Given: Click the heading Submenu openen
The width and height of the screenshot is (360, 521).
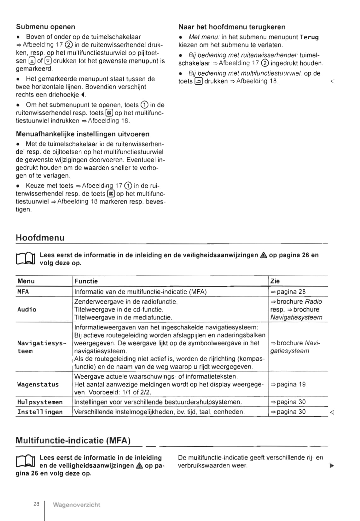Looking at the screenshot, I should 45,27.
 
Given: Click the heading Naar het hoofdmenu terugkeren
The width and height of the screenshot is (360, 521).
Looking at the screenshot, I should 232,27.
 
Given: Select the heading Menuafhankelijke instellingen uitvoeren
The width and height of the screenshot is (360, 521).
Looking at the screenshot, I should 83,134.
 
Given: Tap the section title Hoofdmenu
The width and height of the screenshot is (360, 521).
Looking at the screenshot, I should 40,238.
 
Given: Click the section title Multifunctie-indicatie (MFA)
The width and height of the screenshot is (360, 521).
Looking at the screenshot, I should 73,440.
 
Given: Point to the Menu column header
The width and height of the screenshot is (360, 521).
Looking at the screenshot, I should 26,281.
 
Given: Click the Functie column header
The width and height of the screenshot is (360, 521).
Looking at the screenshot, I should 86,281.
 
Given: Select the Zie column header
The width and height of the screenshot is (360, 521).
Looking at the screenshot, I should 275,281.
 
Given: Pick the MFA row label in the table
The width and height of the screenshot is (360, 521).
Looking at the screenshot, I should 23,292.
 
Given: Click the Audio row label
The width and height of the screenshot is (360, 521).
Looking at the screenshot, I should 27,309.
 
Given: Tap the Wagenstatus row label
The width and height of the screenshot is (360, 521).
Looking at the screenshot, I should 38,384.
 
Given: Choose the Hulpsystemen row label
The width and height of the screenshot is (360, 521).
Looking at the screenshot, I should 40,402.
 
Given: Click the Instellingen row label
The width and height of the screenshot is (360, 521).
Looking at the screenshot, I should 40,412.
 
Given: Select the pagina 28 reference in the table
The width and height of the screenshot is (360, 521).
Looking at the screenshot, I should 288,292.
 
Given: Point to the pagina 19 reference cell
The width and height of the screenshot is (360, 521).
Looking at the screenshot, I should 288,384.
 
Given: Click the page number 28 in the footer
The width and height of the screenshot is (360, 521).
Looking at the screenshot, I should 36,504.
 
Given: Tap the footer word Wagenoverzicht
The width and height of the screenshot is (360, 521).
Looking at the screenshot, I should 77,505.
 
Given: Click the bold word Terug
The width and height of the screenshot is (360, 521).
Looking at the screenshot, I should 309,37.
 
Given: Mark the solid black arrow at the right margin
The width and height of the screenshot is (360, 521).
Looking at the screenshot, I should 332,466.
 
